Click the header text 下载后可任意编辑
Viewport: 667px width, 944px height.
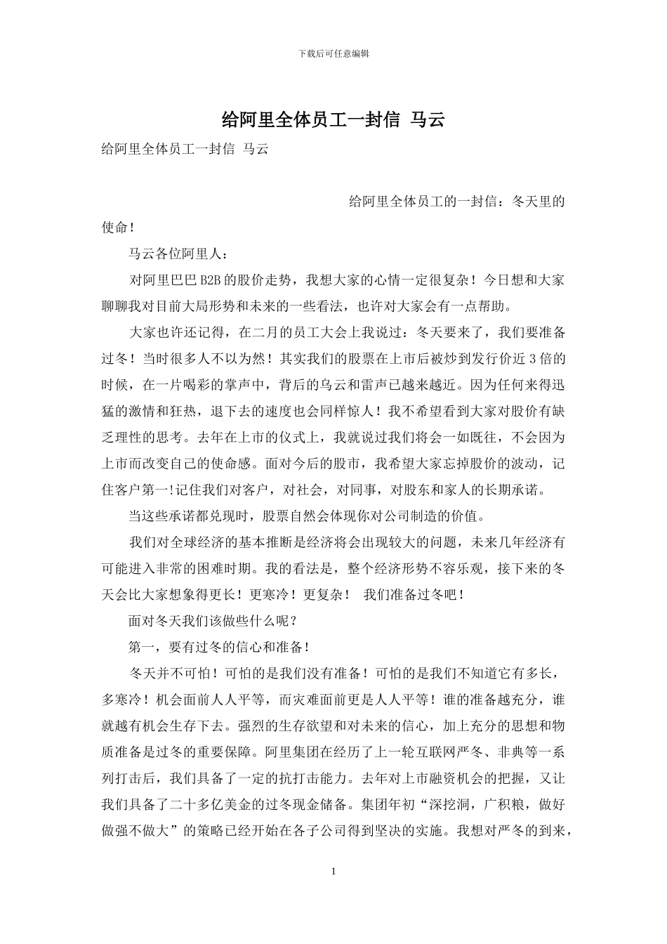coord(333,53)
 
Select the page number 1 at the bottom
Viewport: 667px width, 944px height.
coord(333,872)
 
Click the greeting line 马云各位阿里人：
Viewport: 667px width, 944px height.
coord(178,254)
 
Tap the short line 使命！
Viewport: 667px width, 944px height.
coord(117,228)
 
